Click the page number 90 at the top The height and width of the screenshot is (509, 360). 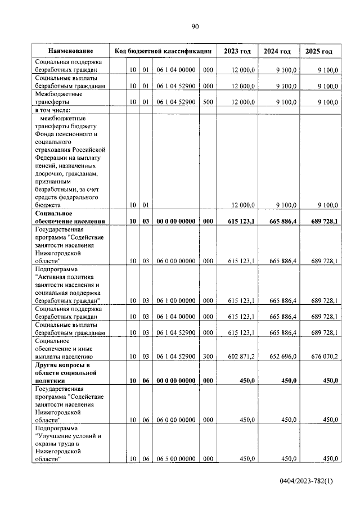coord(195,26)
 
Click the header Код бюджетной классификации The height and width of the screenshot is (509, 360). coord(163,51)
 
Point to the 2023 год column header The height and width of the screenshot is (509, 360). coord(237,51)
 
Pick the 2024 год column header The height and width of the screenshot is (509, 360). coord(277,51)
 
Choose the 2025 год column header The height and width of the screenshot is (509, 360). coord(319,51)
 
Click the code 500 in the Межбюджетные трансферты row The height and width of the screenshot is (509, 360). coord(208,102)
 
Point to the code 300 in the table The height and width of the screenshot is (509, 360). coord(208,356)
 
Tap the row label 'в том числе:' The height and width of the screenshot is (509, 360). coord(55,111)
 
